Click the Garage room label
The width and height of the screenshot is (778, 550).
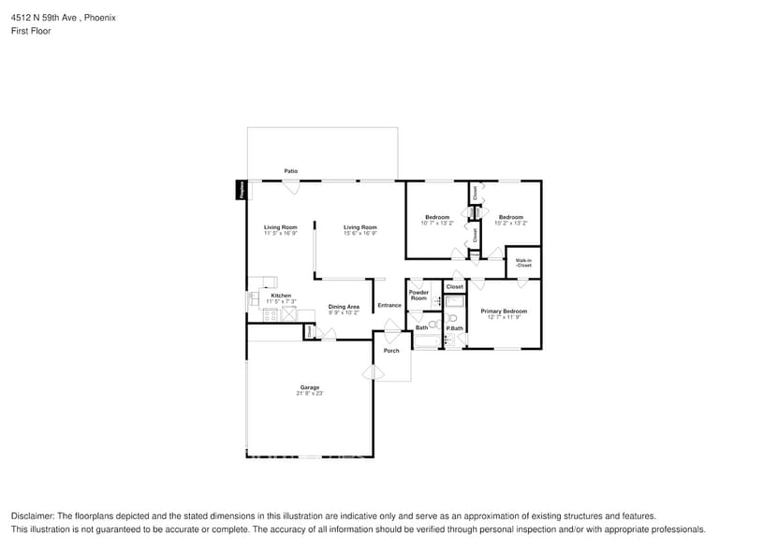point(309,387)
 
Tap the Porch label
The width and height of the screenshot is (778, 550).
point(391,351)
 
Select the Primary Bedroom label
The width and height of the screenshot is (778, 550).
point(504,311)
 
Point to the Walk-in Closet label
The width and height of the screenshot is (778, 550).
point(523,263)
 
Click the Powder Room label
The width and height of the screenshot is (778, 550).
point(418,296)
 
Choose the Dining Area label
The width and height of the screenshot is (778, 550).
point(344,307)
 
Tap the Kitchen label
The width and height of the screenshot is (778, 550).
point(281,296)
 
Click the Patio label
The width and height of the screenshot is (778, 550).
point(291,171)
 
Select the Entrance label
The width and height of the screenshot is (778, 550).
point(389,306)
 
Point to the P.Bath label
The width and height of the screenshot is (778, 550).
point(455,328)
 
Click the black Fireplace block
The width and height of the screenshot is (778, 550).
point(242,190)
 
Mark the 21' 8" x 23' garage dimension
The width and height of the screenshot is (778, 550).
point(309,394)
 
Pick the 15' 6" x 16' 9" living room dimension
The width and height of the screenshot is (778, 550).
point(360,233)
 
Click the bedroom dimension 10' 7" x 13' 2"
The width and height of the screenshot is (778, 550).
point(437,224)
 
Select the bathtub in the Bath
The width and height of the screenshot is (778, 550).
point(427,341)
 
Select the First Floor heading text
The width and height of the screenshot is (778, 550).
point(31,31)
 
